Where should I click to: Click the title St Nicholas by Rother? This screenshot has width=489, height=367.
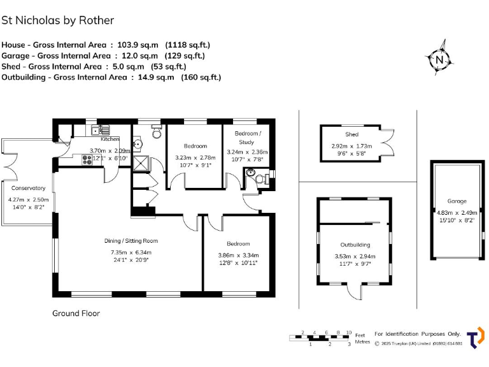(x=58, y=20)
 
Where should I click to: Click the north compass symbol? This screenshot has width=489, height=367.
(x=439, y=60)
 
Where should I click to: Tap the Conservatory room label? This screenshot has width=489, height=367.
(x=27, y=188)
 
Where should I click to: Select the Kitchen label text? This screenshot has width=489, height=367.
(x=110, y=139)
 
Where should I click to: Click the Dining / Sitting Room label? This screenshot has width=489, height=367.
(x=131, y=241)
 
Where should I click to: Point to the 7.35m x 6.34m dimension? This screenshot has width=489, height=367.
(x=131, y=251)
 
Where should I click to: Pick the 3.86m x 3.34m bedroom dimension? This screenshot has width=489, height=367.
(x=238, y=255)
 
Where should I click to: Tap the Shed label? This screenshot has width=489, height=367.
(x=352, y=134)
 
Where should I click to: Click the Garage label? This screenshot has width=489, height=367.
(x=457, y=201)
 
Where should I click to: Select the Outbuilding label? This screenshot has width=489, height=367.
(x=355, y=245)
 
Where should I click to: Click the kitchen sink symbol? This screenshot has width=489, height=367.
(x=99, y=131)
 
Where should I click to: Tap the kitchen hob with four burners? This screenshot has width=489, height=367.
(x=88, y=159)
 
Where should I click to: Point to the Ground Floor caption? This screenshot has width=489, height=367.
(x=76, y=313)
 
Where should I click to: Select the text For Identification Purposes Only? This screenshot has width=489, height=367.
(x=417, y=334)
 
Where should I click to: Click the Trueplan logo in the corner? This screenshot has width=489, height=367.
(x=474, y=338)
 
